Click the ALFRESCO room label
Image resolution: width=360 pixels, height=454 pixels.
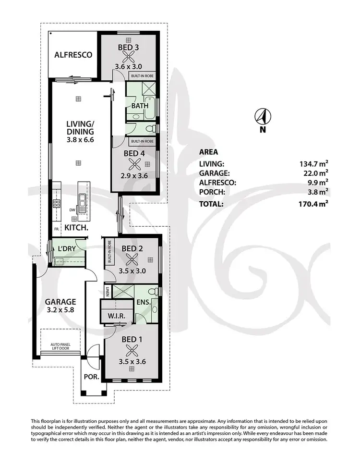tap(72, 55)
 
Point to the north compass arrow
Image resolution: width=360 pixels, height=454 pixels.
tap(262, 116)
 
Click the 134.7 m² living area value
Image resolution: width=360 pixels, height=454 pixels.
tap(314, 164)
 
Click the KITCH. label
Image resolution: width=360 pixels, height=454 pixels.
tap(76, 228)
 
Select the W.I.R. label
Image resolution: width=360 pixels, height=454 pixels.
tap(117, 315)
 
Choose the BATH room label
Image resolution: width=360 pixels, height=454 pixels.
tap(139, 106)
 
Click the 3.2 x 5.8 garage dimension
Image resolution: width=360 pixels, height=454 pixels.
tap(60, 311)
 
